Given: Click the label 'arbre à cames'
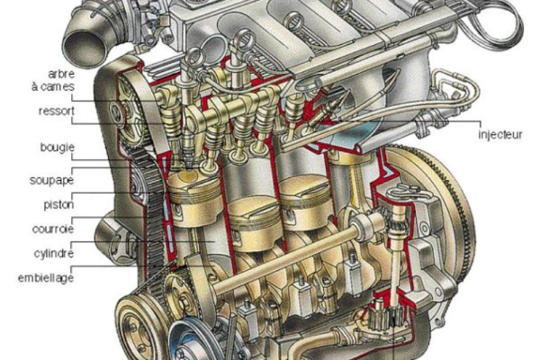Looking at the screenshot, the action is pyautogui.click(x=53, y=80).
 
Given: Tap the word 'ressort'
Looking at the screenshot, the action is pyautogui.click(x=57, y=112).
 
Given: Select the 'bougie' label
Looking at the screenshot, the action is pyautogui.click(x=58, y=148).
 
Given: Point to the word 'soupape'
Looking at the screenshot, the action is pyautogui.click(x=51, y=180).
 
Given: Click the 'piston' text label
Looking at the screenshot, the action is pyautogui.click(x=58, y=204).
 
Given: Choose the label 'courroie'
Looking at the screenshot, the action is pyautogui.click(x=53, y=229).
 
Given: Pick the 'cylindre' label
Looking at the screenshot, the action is pyautogui.click(x=54, y=254).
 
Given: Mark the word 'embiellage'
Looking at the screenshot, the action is pyautogui.click(x=46, y=278).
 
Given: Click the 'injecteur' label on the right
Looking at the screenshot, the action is pyautogui.click(x=500, y=134).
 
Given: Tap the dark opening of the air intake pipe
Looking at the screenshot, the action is pyautogui.click(x=82, y=48).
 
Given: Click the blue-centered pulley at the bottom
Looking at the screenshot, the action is pyautogui.click(x=188, y=342).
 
